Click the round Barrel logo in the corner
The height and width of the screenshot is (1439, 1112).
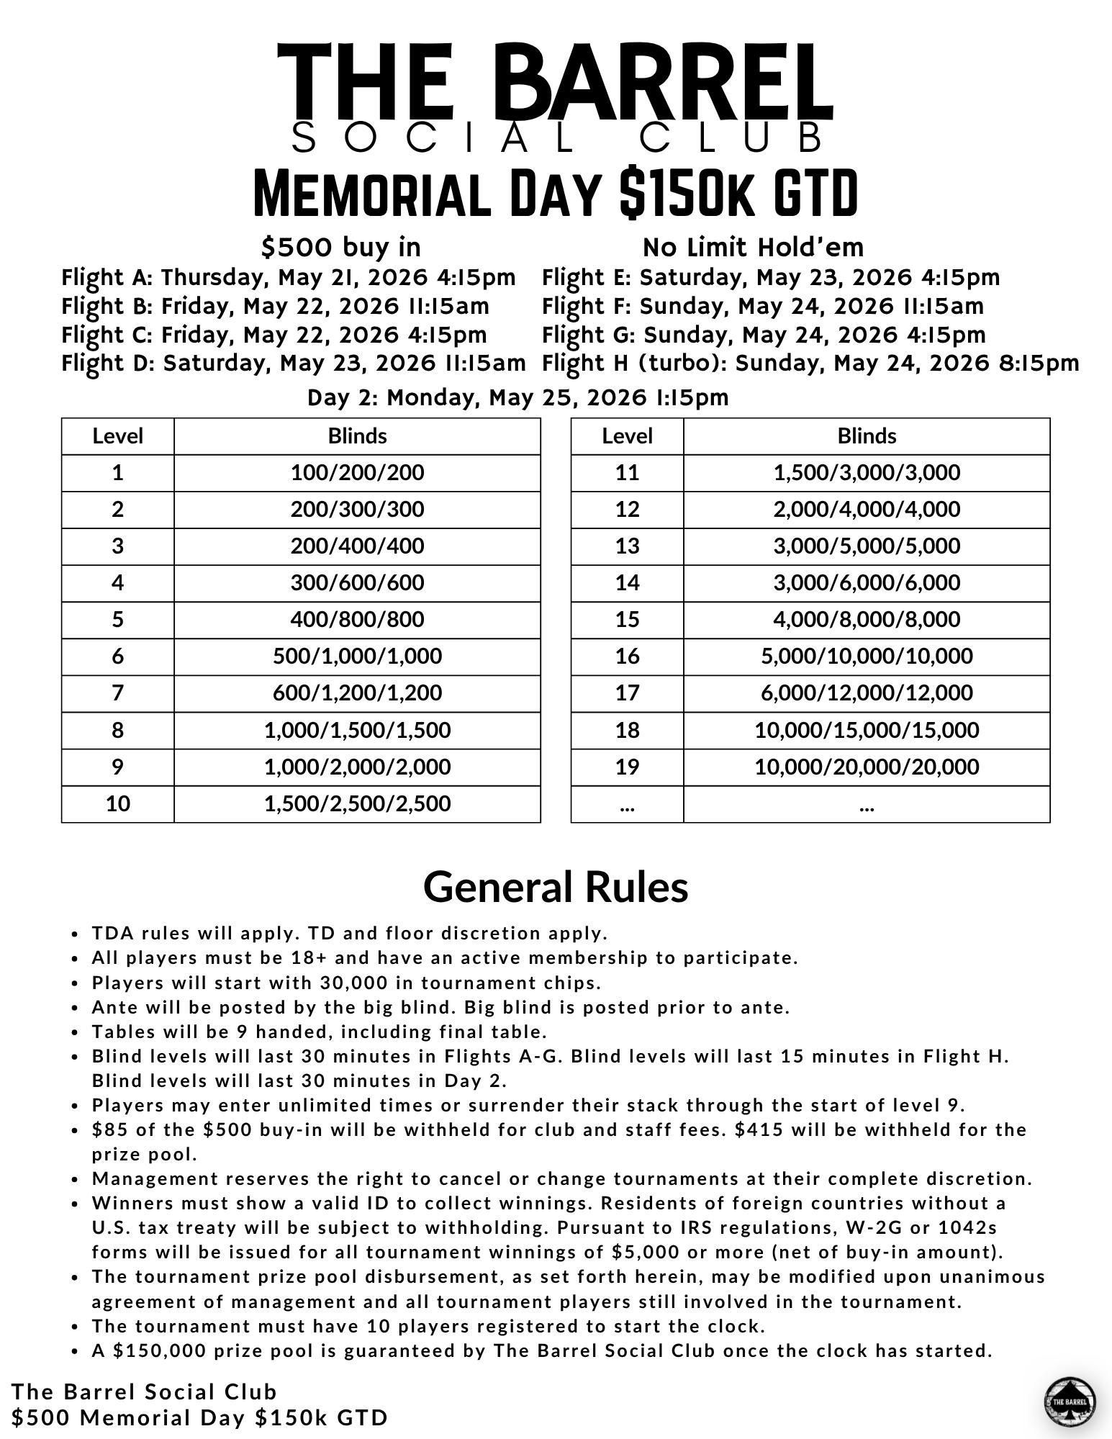coord(1070,1402)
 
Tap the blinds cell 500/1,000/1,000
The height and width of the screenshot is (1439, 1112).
coord(357,656)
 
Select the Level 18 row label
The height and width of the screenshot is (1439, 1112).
coord(627,730)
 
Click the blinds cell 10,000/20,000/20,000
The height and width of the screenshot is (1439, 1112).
coord(867,767)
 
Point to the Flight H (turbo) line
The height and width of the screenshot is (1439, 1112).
coord(810,364)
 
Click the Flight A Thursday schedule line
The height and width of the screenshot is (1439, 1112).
coord(289,278)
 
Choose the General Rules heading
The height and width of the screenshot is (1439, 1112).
coord(556,887)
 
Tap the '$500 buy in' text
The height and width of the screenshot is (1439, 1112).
coord(340,248)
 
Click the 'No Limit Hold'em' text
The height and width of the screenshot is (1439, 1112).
coord(753,248)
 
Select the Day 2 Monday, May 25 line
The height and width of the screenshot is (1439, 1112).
coord(518,397)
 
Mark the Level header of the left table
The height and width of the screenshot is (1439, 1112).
coord(117,436)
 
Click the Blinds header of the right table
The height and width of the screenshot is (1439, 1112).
coord(867,436)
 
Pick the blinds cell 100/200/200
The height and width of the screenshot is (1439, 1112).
coord(357,473)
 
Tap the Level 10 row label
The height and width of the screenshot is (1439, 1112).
coord(117,803)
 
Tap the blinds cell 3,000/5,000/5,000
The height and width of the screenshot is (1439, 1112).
coord(867,546)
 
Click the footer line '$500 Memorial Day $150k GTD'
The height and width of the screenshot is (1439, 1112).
coord(199,1417)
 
